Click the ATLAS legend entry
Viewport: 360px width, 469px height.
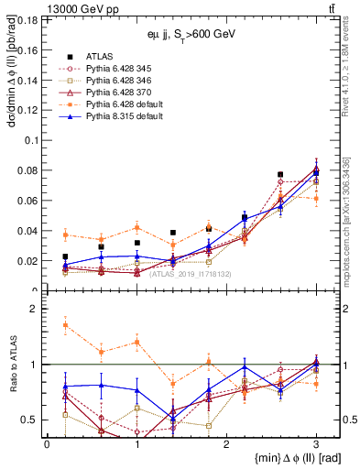click(100, 57)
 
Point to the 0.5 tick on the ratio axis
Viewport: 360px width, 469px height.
click(35, 420)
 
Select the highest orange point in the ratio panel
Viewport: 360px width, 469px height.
click(65, 325)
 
